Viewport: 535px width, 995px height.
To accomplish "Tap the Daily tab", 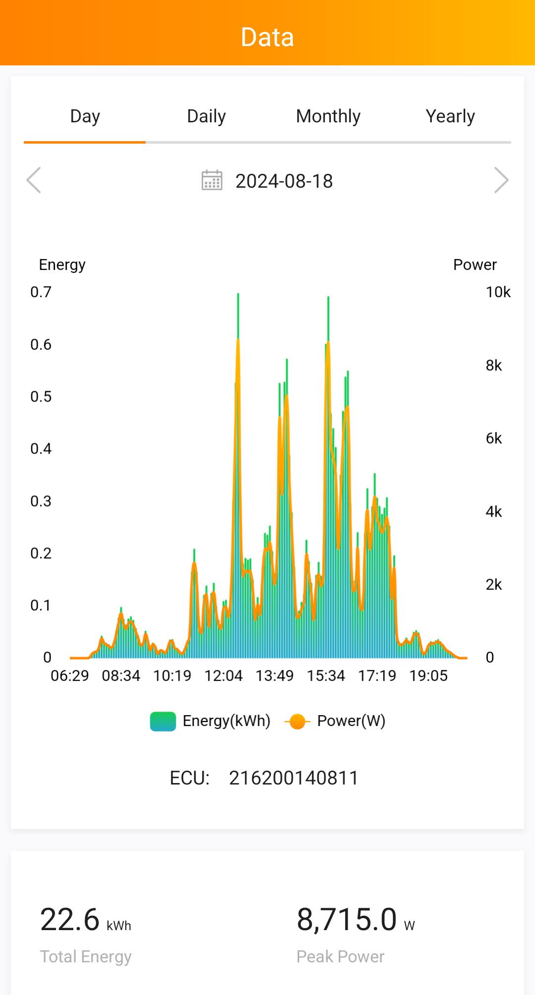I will click(206, 116).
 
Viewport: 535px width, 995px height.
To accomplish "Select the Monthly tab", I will click(328, 116).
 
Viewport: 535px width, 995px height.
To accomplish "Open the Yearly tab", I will click(450, 116).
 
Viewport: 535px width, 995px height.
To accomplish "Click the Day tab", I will click(85, 116).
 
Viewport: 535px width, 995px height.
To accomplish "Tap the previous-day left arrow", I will click(34, 180).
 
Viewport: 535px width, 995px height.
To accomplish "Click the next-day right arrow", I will click(501, 180).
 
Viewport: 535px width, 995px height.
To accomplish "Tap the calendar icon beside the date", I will click(212, 180).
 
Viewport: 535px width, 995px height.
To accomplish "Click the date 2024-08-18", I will click(284, 181).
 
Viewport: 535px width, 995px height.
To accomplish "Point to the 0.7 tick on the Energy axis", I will click(41, 292).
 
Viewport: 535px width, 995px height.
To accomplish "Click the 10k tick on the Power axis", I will click(498, 292).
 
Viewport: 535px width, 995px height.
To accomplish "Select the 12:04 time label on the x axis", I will click(223, 676).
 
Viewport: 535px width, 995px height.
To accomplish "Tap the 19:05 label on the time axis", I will click(428, 676).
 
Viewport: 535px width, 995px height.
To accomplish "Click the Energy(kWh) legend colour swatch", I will click(163, 721).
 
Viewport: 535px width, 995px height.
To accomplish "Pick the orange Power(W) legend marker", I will click(297, 722).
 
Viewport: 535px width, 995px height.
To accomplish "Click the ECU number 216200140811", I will click(293, 778).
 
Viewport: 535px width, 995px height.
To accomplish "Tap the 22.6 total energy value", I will click(70, 920).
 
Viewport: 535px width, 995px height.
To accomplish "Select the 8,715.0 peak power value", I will click(347, 920).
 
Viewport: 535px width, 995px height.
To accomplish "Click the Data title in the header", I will click(267, 37).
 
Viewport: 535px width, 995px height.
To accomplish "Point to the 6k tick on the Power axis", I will click(493, 438).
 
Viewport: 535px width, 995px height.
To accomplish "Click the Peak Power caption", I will click(340, 956).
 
